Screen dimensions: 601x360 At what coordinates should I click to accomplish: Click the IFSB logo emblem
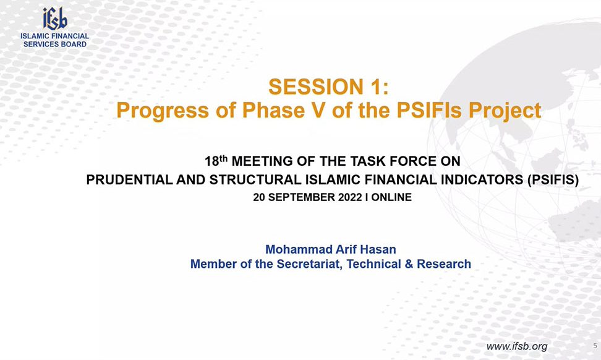tap(55, 19)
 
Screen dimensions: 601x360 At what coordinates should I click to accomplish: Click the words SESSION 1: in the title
tap(328, 87)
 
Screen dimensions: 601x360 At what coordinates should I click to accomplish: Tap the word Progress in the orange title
tap(163, 111)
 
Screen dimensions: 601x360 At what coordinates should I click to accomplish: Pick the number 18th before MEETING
tap(216, 161)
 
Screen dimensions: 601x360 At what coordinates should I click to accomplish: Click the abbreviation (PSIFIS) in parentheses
tap(553, 179)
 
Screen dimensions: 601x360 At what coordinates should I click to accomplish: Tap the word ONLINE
tap(391, 197)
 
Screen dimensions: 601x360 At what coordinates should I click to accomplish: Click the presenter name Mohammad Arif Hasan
tap(331, 249)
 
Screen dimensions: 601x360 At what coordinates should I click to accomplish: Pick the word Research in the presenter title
tap(444, 264)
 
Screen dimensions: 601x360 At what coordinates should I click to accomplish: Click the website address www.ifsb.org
tap(517, 346)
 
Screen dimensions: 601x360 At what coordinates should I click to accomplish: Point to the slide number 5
tap(595, 345)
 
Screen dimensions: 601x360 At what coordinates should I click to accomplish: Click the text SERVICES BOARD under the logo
tap(55, 44)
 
